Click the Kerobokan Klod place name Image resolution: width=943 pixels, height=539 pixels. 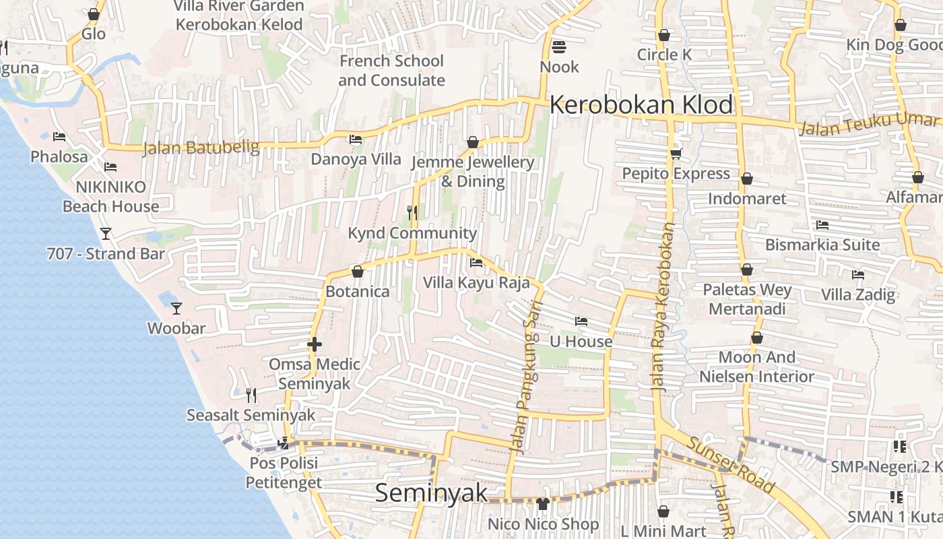click(641, 105)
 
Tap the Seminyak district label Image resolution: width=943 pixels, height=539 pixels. click(431, 493)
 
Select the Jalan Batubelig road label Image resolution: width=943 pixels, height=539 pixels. click(201, 147)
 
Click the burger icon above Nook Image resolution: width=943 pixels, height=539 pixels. click(559, 46)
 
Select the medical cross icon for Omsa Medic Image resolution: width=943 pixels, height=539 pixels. click(314, 344)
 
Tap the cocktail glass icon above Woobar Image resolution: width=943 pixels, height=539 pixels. click(176, 308)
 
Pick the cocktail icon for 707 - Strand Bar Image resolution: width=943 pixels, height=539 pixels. click(106, 233)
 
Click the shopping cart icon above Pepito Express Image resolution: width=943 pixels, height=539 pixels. click(676, 154)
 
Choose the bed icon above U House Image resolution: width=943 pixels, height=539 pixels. click(581, 321)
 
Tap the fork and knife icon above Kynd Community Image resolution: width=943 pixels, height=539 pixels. click(412, 213)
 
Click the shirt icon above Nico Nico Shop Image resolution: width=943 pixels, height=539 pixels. click(543, 503)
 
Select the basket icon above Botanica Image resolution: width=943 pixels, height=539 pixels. click(358, 272)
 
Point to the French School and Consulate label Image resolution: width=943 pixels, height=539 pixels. click(391, 70)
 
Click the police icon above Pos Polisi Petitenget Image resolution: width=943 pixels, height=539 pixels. click(284, 443)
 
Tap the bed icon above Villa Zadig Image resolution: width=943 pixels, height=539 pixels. click(857, 274)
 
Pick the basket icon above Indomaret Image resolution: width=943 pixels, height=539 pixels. click(746, 179)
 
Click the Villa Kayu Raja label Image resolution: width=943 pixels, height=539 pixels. click(477, 282)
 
